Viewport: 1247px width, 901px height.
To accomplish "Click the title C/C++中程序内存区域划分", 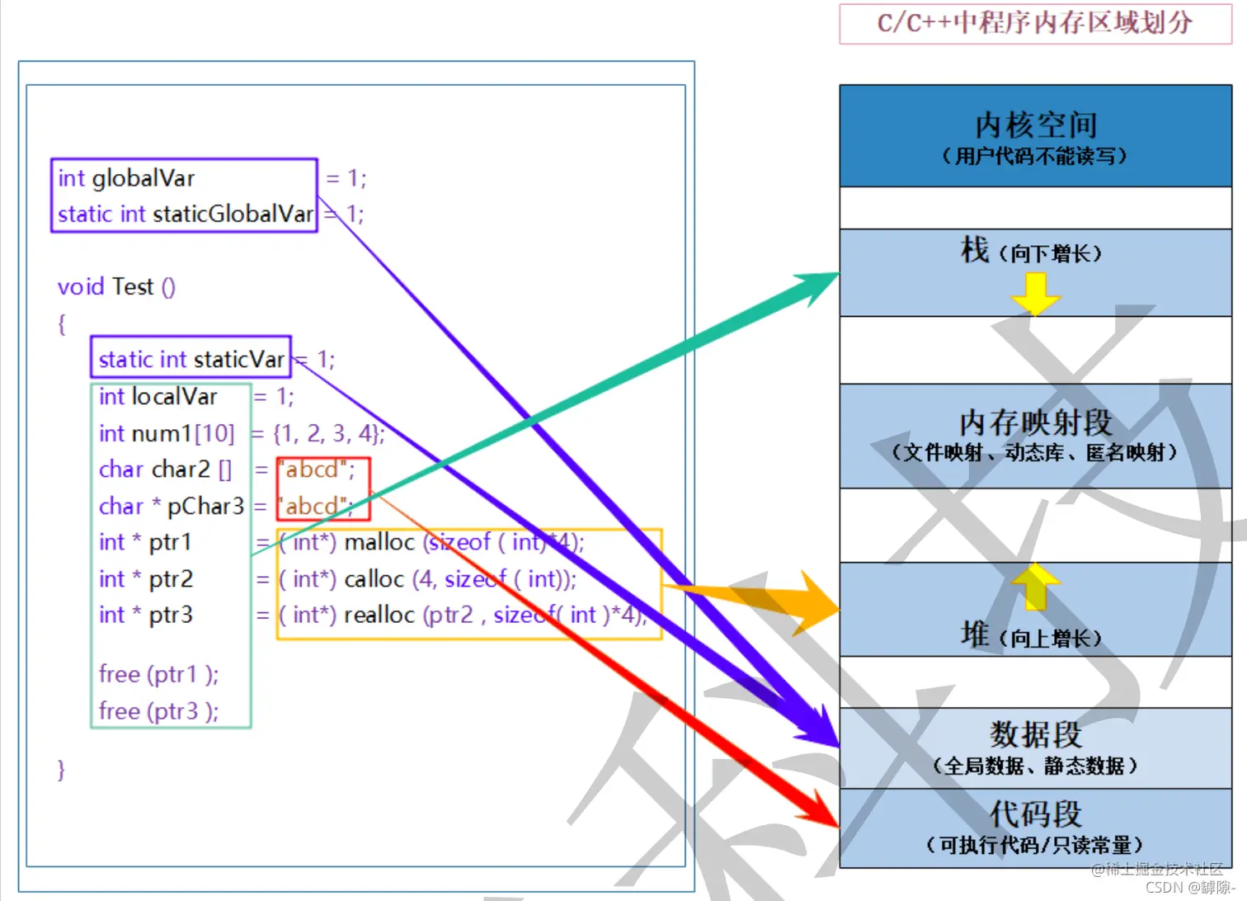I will coord(1035,23).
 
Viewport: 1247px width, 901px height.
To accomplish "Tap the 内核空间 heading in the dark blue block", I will coord(1035,125).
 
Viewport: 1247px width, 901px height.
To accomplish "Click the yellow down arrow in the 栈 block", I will coord(1035,294).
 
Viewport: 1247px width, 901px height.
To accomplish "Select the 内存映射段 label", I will coord(1035,423).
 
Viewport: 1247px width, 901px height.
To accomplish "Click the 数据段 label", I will coord(1035,734).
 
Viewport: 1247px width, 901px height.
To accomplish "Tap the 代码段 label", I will coord(1035,814).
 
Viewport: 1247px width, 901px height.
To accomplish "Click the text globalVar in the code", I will coord(143,178).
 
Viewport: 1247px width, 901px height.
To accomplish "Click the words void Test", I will coord(106,287).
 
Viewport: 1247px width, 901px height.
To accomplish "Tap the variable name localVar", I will coord(174,397).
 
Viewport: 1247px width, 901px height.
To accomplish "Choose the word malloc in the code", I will coord(379,542).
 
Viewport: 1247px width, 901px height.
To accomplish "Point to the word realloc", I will coord(379,616).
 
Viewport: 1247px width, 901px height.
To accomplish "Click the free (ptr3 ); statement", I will coord(158,711).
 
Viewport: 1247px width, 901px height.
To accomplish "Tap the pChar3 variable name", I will coord(205,506).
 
